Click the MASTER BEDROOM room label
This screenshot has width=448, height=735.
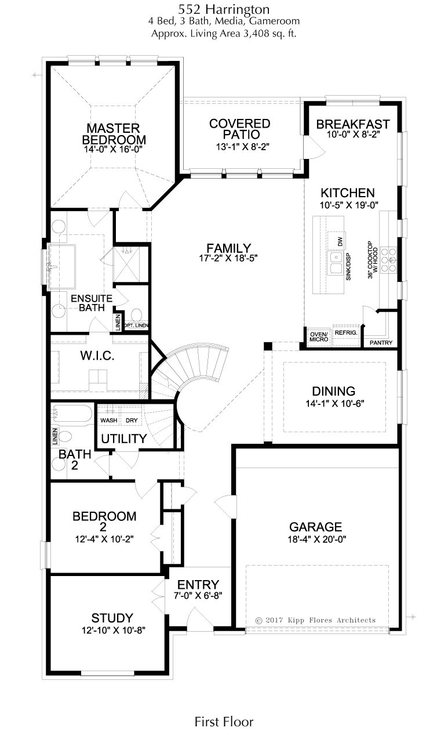(x=114, y=133)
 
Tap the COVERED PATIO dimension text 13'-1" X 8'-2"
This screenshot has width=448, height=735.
(x=242, y=147)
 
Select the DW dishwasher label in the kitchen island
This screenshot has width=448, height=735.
(x=340, y=241)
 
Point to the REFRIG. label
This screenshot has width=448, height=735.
(x=346, y=333)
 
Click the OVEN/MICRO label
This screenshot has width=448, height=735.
(x=319, y=336)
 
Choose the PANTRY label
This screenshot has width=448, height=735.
(x=381, y=343)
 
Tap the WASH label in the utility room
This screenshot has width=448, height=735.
(x=109, y=421)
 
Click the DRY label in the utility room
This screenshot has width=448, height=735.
(x=132, y=421)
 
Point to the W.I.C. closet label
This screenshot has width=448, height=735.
(x=97, y=356)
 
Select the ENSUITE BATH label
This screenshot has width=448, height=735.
(x=92, y=303)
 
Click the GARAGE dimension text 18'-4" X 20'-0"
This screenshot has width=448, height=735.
(x=317, y=539)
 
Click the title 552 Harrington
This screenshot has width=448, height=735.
(x=224, y=9)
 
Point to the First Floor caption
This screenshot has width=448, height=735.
(x=224, y=722)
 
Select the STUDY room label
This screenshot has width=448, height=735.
(x=112, y=618)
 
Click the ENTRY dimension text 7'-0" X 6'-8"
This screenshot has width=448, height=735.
(x=198, y=595)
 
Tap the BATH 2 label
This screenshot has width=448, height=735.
(x=75, y=459)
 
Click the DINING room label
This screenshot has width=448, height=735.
(x=334, y=391)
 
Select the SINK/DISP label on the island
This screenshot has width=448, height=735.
(x=348, y=266)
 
